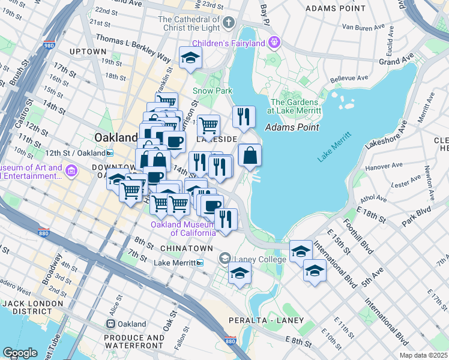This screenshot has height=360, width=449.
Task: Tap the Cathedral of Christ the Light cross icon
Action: click(228, 23)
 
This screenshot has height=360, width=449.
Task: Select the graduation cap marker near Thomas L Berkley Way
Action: click(190, 58)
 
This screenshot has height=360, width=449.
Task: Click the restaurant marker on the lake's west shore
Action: click(244, 117)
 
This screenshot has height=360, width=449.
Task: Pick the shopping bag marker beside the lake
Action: click(250, 155)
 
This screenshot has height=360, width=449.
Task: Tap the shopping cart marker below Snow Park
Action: click(208, 126)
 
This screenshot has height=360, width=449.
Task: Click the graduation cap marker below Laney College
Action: click(240, 273)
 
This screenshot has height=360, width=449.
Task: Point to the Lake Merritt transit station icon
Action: click(200, 263)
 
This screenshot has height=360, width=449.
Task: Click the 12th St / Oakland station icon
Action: click(110, 154)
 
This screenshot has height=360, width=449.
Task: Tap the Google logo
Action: click(20, 353)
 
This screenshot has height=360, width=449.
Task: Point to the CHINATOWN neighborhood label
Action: click(186, 248)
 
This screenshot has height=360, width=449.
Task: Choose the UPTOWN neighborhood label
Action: click(88, 52)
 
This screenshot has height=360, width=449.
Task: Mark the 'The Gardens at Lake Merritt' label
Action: click(295, 106)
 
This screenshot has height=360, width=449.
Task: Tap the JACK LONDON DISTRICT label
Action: click(32, 307)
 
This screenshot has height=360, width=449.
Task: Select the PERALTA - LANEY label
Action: click(274, 320)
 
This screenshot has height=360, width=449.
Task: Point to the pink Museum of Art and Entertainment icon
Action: click(72, 172)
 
